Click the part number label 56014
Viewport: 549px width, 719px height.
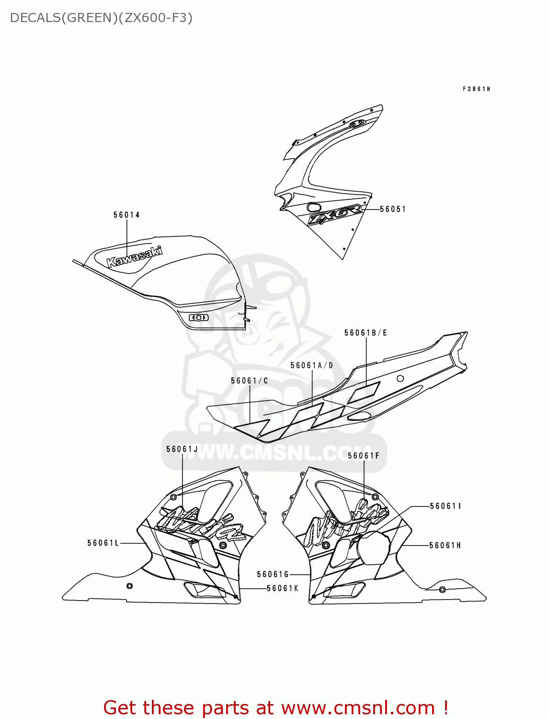click(x=126, y=215)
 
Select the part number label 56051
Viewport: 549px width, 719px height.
click(x=393, y=209)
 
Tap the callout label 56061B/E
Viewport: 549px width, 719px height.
click(x=366, y=333)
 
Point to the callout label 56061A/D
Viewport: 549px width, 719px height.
click(x=312, y=365)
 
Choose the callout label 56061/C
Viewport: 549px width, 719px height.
click(x=249, y=381)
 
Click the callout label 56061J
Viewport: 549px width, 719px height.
click(x=182, y=449)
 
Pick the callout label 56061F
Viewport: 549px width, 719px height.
click(x=364, y=455)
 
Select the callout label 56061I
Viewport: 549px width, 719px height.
click(x=446, y=506)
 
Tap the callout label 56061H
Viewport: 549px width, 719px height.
click(x=445, y=545)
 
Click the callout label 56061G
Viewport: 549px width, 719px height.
click(x=273, y=574)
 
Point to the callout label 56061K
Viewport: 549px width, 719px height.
click(x=283, y=588)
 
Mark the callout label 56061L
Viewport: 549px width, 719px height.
click(x=103, y=543)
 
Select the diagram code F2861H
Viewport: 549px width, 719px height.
click(x=476, y=89)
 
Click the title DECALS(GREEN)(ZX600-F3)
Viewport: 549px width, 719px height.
click(x=101, y=18)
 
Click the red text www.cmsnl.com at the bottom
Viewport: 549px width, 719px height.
click(x=358, y=708)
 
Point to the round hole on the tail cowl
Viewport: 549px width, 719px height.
click(x=400, y=378)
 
